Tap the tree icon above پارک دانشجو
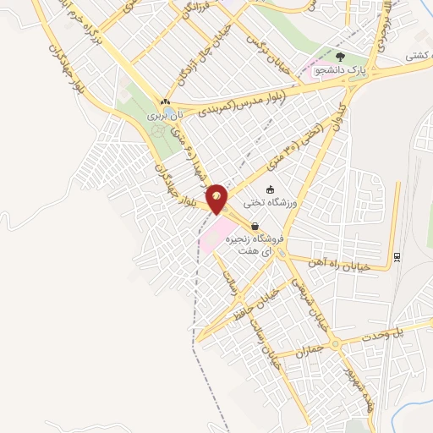(x=341, y=58)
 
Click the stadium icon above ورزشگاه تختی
(x=270, y=189)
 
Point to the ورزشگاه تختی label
(x=269, y=203)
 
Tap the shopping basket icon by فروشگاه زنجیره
(x=255, y=226)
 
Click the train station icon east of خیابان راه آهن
(x=396, y=257)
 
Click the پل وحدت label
(x=406, y=331)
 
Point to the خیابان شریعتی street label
(x=310, y=301)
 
